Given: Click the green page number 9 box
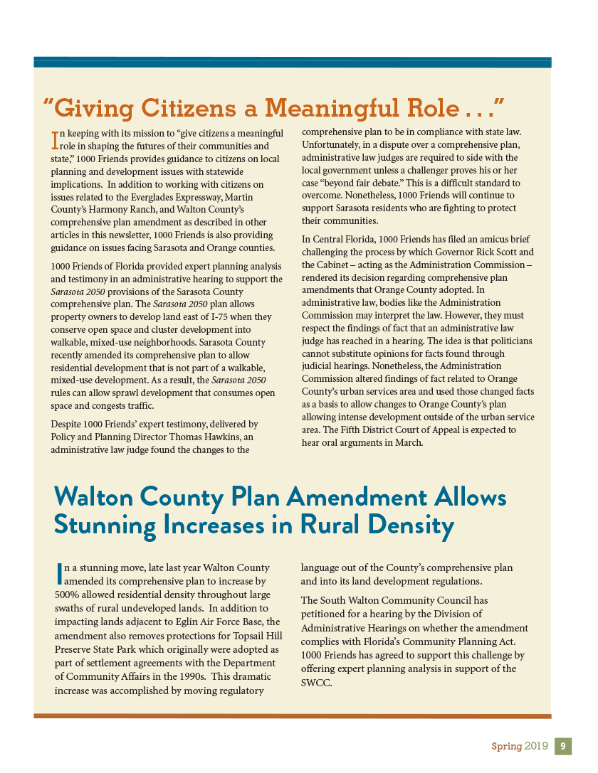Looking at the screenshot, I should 562,746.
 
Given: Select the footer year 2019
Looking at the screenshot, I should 536,746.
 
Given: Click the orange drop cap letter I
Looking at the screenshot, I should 54,139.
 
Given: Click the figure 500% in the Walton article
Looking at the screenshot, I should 68,595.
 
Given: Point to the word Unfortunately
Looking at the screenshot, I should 335,144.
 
